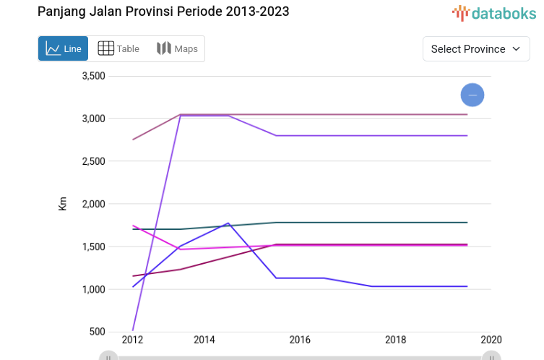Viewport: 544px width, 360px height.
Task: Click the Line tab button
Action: coord(64,48)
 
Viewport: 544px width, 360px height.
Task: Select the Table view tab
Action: coord(119,48)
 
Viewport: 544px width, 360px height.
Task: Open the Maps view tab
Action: coord(177,48)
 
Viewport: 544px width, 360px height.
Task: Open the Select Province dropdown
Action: coord(476,48)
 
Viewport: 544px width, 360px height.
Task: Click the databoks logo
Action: coord(494,12)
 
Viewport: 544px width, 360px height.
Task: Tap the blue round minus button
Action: coord(472,95)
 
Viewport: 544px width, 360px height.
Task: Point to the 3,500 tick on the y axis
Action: coord(94,76)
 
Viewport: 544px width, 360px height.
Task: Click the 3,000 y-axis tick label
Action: coord(94,119)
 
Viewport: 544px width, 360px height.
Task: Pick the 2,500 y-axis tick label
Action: coord(94,161)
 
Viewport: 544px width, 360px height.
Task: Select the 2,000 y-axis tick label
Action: coord(94,204)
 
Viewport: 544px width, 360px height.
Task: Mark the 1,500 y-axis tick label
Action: coord(94,247)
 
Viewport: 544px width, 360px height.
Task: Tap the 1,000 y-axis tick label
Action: coord(94,289)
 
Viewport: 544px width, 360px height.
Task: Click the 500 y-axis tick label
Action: coord(98,332)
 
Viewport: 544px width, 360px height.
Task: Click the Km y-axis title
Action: coord(63,203)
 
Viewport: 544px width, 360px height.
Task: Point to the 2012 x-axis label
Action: coord(132,340)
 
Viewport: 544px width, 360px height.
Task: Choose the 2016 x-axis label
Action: coord(300,340)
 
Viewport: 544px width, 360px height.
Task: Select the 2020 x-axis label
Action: coord(491,340)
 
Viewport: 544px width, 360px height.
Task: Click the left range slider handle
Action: coord(108,356)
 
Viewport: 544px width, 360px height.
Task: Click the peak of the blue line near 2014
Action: coord(228,223)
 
